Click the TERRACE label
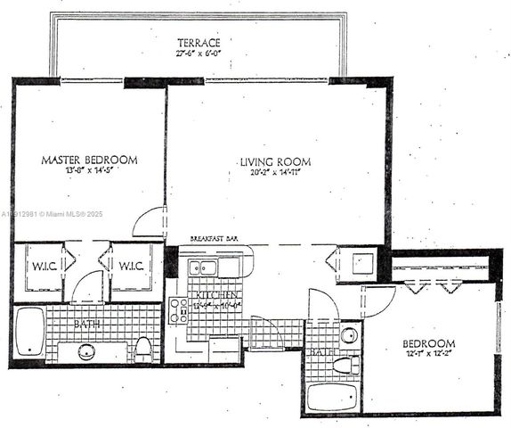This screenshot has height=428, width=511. coord(198,43)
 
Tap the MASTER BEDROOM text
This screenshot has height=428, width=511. coord(90,160)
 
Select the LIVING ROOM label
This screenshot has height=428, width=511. coord(275,161)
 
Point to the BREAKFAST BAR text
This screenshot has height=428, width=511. coord(213,240)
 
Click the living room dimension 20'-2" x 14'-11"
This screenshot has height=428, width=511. coord(275,172)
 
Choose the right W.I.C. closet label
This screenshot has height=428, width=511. coord(131,265)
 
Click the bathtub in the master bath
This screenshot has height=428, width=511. coord(28,333)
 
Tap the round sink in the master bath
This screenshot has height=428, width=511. coord(87,350)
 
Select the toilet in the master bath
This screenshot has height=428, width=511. coord(142,348)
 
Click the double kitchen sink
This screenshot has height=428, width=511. coord(208,267)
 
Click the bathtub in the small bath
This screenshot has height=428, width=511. coord(332,398)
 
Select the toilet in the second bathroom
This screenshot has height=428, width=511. coord(345,365)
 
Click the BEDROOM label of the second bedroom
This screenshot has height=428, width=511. coord(429,343)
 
